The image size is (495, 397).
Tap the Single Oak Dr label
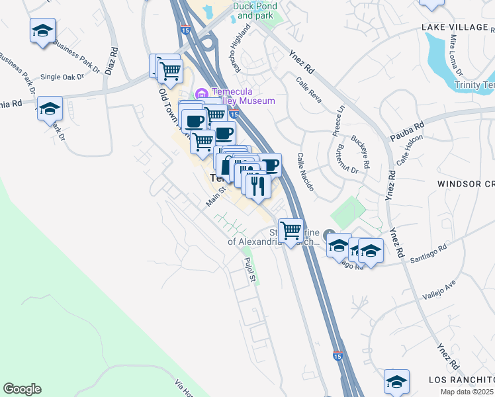pyautogui.click(x=63, y=77)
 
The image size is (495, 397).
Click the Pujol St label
pyautogui.click(x=249, y=270)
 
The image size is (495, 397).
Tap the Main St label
pyautogui.click(x=216, y=196)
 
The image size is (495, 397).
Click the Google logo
pyautogui.click(x=22, y=389)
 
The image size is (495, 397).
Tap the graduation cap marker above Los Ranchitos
pyautogui.click(x=396, y=382)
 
